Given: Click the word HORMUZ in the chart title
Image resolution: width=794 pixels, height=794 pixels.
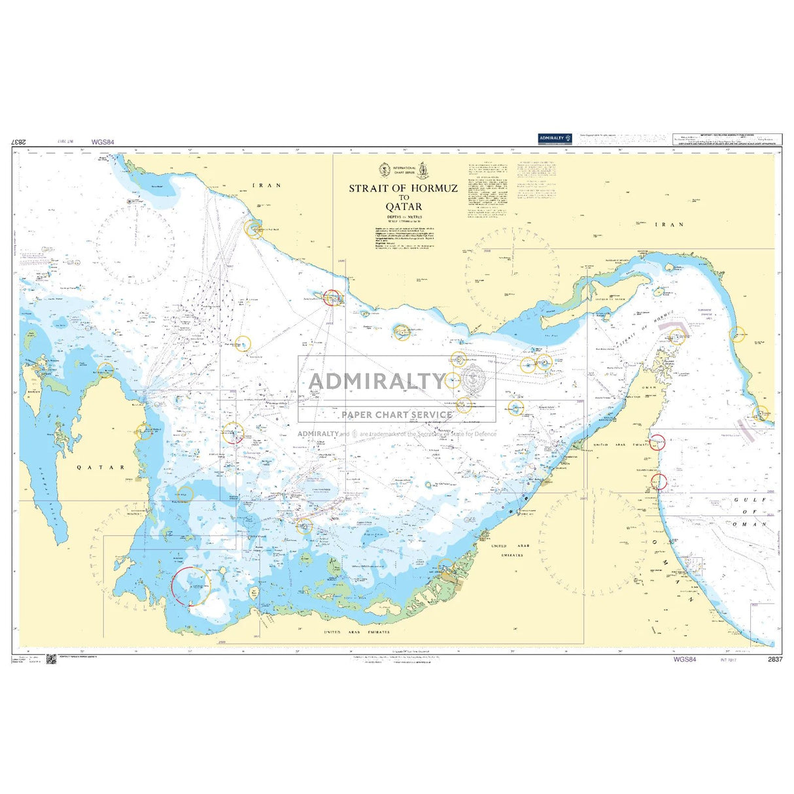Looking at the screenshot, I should click(x=434, y=188).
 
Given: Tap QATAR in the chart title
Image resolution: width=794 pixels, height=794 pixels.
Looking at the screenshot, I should click(x=404, y=207).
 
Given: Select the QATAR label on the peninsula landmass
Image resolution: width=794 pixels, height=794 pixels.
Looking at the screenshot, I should click(x=101, y=467).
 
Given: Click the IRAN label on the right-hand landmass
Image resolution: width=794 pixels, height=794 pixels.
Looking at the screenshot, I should click(x=669, y=224).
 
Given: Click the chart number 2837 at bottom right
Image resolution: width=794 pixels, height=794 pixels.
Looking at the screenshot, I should click(x=775, y=659).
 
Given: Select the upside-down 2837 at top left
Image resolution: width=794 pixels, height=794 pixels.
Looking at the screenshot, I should click(x=19, y=142).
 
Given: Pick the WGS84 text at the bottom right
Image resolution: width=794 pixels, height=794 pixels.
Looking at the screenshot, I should click(x=685, y=659).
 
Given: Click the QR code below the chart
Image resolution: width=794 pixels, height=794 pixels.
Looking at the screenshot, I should click(x=52, y=659).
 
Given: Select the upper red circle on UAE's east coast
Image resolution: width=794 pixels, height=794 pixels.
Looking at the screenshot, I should click(x=657, y=441).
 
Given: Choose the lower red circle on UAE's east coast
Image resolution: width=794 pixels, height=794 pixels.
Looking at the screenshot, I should click(x=659, y=481).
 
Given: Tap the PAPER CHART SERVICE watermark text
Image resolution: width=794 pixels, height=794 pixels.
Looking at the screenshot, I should click(x=396, y=414).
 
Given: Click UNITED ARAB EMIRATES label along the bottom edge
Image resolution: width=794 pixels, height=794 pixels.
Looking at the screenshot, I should click(x=357, y=632).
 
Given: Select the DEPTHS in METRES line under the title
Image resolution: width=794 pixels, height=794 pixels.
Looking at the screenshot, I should click(x=404, y=216).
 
